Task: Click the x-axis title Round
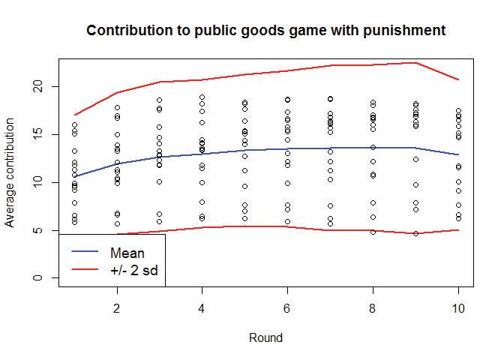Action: click(x=266, y=338)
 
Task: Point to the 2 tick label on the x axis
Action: click(x=117, y=308)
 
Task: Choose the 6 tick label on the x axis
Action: click(x=287, y=308)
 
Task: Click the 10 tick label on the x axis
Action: click(x=457, y=308)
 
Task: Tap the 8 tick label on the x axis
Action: click(x=373, y=308)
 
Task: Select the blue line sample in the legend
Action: click(x=85, y=253)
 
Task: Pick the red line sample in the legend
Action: click(x=85, y=268)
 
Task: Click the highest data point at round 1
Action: click(x=74, y=125)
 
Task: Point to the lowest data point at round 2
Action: click(x=117, y=223)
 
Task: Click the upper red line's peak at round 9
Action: click(x=415, y=63)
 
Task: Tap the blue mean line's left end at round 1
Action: click(x=74, y=176)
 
